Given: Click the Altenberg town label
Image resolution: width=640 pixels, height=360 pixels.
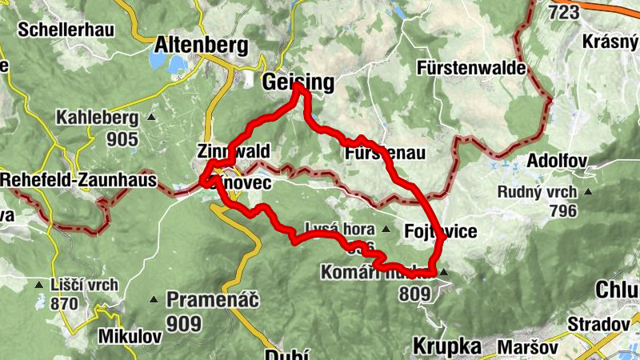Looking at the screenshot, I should [201, 44].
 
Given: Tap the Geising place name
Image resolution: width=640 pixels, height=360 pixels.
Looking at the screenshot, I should [298, 81].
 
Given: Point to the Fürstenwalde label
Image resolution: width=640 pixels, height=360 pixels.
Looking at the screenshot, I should [472, 69].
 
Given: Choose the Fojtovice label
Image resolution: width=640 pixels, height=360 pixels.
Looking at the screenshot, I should [440, 231].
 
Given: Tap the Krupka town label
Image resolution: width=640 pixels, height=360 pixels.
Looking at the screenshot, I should [447, 346].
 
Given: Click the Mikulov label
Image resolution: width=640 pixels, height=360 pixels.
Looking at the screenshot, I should [130, 337].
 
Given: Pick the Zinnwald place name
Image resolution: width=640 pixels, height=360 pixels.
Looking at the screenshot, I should [239, 151].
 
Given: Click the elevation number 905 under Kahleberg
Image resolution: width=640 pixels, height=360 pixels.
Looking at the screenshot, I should [122, 139].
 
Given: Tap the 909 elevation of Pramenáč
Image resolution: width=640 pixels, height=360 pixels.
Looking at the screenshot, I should [184, 322].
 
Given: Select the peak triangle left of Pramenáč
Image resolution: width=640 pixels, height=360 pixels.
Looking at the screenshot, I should [154, 301].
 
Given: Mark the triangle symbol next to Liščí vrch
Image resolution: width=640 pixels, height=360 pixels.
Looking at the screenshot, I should [38, 285].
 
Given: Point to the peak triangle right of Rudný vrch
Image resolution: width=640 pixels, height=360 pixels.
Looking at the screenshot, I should [589, 192].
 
